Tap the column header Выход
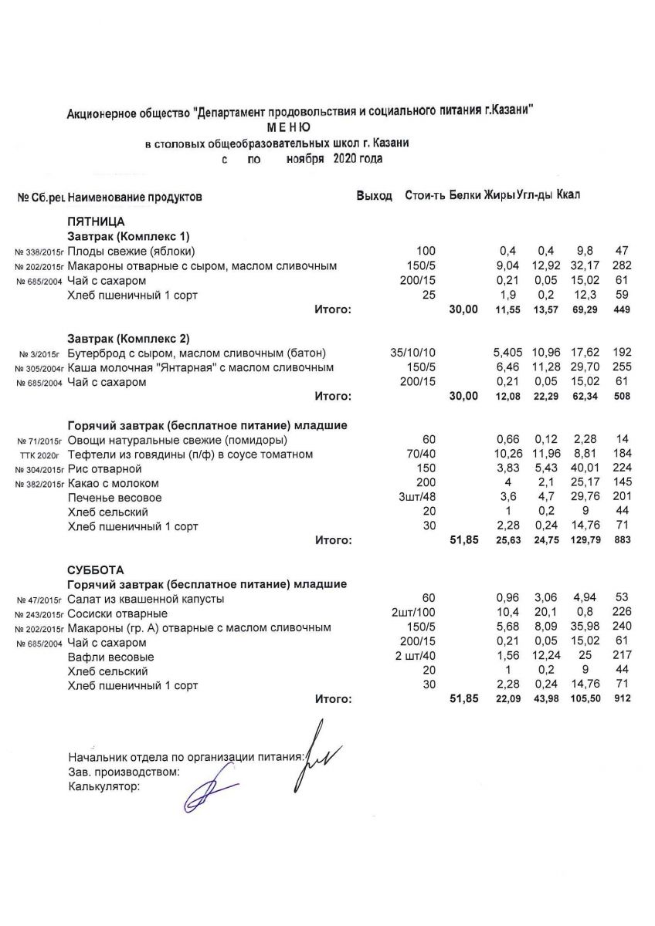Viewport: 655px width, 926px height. tap(374, 196)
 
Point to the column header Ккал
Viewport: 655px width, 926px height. tap(568, 195)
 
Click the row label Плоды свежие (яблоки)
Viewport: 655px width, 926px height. tap(131, 252)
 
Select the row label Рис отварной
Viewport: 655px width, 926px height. tap(105, 469)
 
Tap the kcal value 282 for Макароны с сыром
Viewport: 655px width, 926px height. tap(621, 266)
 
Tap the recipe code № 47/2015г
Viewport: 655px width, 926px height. tap(38, 600)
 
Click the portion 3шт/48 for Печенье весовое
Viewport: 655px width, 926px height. tap(419, 498)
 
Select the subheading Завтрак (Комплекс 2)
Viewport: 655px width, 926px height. tap(128, 339)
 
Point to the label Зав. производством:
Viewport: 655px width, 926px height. tap(124, 771)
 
